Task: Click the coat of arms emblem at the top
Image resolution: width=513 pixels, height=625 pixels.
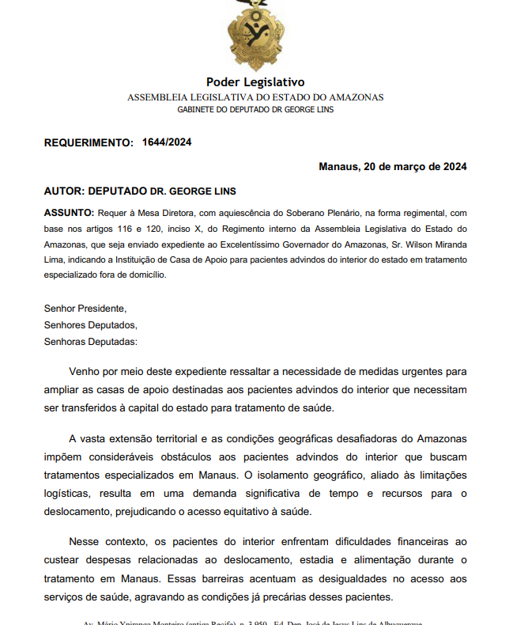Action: [255, 35]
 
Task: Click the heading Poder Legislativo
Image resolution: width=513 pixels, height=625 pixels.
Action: [255, 82]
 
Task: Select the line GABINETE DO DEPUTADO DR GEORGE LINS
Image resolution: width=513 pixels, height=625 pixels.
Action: [255, 109]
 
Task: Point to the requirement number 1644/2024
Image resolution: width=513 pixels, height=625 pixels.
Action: [167, 142]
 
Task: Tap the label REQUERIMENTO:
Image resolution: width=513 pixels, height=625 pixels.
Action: [89, 143]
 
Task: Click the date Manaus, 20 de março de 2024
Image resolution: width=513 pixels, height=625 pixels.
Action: [392, 167]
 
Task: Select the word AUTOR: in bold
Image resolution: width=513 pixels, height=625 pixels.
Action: [64, 191]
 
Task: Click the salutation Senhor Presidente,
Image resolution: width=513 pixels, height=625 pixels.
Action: [85, 309]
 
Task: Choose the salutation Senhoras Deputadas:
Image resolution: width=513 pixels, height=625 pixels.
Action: [91, 342]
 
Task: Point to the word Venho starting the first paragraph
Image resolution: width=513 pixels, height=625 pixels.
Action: [85, 371]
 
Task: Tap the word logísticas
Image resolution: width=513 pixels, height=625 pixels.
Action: [69, 492]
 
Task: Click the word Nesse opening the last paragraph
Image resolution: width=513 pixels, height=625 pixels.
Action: [85, 542]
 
